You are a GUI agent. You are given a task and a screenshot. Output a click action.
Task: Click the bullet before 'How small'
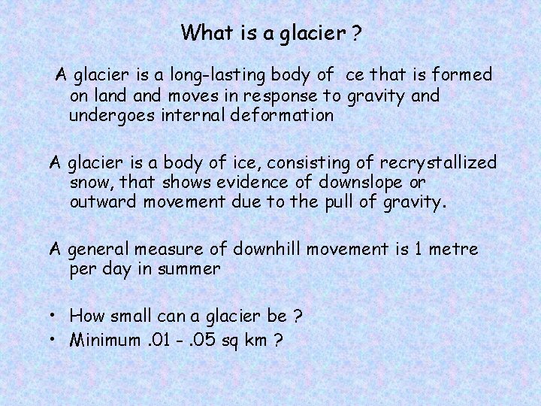pyautogui.click(x=56, y=317)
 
